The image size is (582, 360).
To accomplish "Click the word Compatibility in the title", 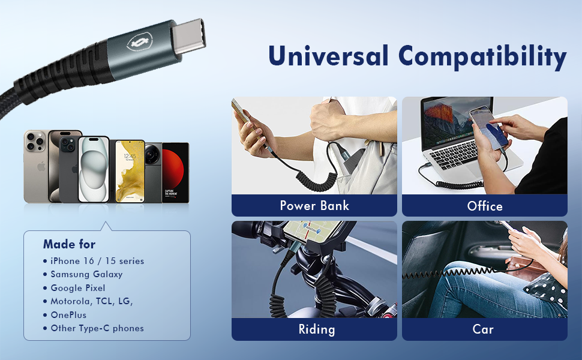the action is [482, 57].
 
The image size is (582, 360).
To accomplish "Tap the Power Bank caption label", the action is [314, 206].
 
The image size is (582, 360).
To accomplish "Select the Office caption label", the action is [484, 206].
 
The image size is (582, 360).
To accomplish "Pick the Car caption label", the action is [484, 329].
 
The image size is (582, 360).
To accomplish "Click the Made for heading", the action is [69, 244].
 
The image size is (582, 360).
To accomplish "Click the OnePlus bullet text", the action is [68, 315].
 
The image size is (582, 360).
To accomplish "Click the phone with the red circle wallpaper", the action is [176, 172].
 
